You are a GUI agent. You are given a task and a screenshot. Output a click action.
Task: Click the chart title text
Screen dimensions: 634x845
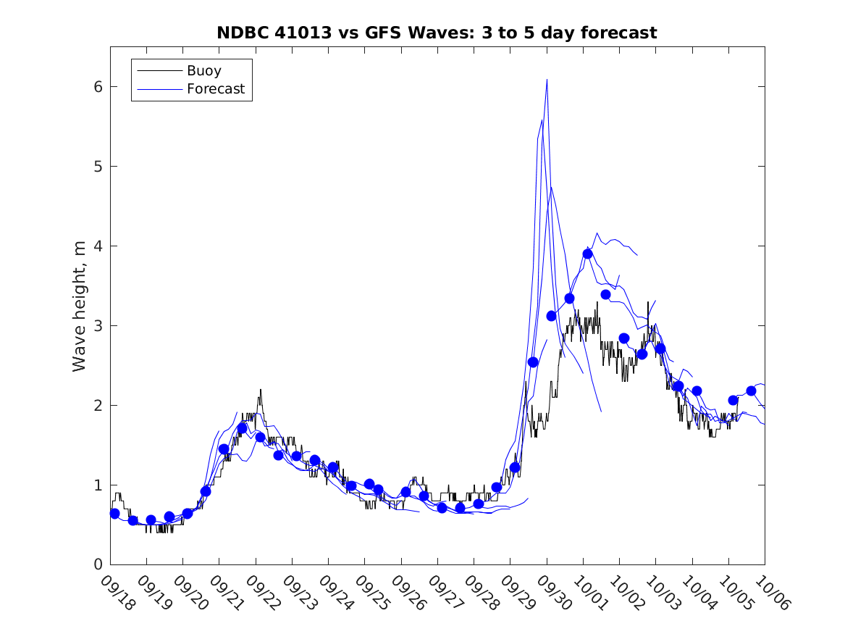[x=437, y=33]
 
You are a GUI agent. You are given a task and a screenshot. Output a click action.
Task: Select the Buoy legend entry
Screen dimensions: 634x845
[x=203, y=71]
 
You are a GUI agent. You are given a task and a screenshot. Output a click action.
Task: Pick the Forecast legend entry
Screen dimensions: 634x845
[x=215, y=90]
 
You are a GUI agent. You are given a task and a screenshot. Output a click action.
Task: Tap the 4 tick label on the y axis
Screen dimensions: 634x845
[x=95, y=246]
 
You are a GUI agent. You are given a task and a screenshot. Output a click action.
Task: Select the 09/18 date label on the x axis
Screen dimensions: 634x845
[x=117, y=593]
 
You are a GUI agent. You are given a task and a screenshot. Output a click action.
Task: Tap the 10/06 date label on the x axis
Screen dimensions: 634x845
[x=771, y=593]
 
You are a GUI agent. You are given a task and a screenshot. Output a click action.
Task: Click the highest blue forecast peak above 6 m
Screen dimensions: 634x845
[x=547, y=80]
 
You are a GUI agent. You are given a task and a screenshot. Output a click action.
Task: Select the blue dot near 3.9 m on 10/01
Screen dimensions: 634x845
[x=587, y=254]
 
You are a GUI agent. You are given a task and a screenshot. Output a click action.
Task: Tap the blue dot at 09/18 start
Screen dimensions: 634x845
[x=114, y=514]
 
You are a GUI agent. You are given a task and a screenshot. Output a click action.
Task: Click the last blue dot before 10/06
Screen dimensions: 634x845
[x=751, y=391]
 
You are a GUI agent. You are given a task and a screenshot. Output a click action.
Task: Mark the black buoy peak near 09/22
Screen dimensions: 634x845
[x=260, y=390]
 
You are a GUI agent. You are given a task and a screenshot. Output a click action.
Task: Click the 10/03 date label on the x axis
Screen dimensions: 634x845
[x=663, y=593]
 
